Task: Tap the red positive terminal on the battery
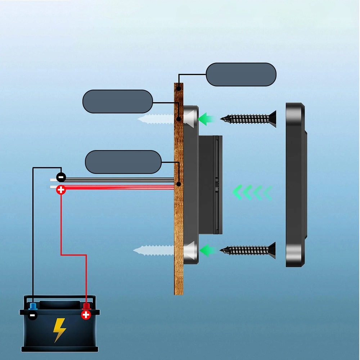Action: tap(86, 307)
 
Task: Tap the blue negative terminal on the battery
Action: tap(33, 307)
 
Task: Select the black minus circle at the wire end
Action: tap(61, 177)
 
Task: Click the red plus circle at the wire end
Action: tap(61, 189)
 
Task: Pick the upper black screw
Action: tap(248, 118)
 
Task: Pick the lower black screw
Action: tap(248, 250)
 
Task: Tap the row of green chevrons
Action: tap(252, 193)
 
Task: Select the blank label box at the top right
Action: tap(241, 75)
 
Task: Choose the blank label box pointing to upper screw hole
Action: tap(118, 101)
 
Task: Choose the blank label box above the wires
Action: tap(123, 162)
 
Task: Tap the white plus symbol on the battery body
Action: tap(86, 315)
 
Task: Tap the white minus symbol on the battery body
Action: tap(33, 316)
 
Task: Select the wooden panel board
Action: tap(179, 216)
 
